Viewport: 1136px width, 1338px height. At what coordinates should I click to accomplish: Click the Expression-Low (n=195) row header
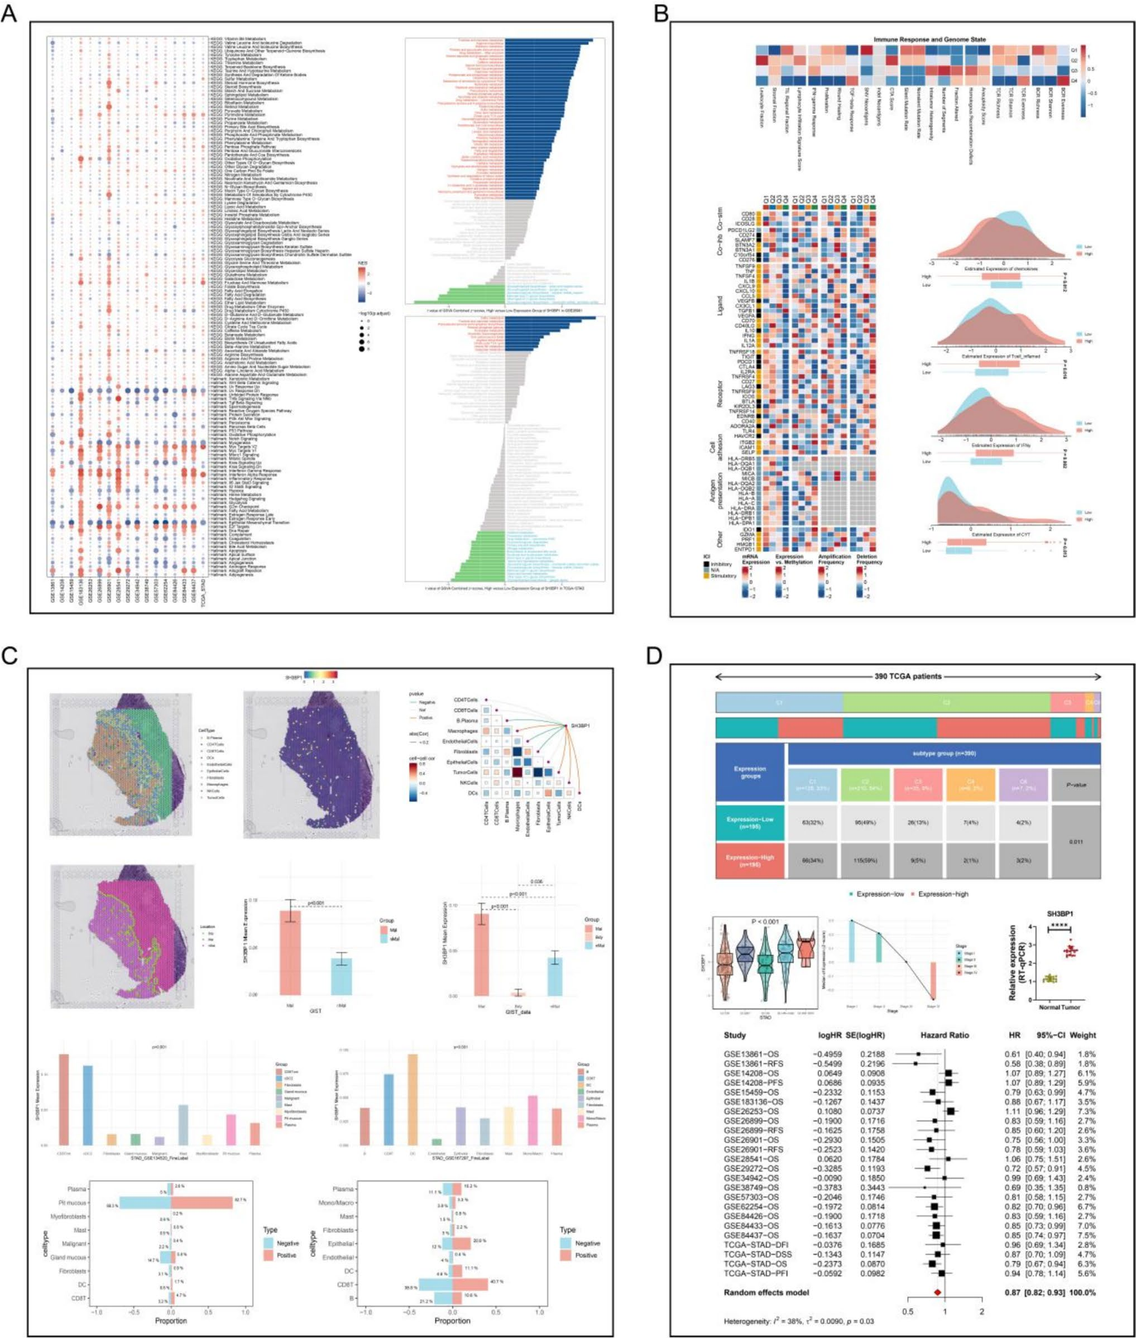click(x=750, y=822)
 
